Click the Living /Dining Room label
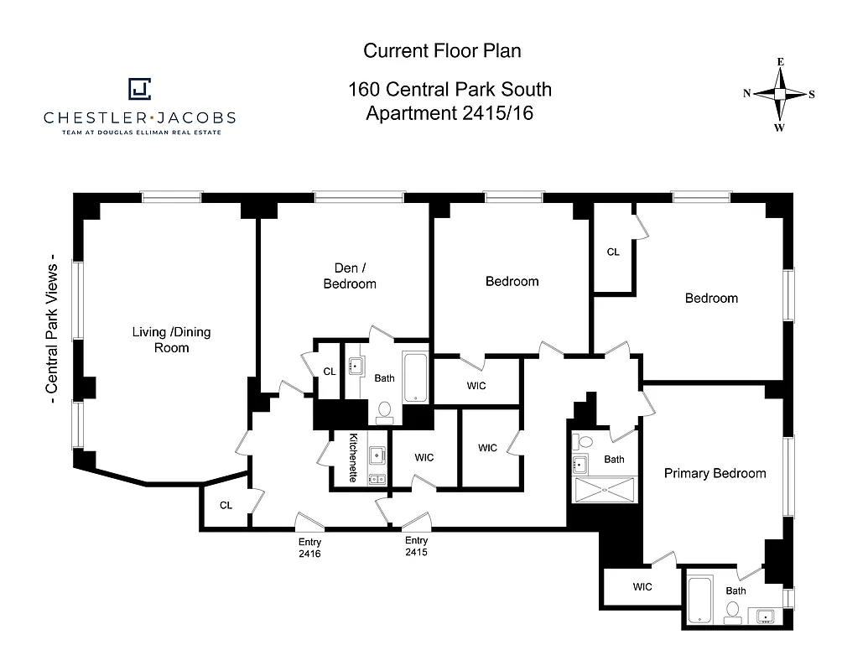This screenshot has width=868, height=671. (x=171, y=340)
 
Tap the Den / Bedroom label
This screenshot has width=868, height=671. (x=350, y=276)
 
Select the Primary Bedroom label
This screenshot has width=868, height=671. (x=715, y=473)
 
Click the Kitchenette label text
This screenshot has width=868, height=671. (x=354, y=458)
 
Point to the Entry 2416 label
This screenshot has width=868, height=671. (x=309, y=548)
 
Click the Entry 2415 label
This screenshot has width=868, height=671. (x=416, y=547)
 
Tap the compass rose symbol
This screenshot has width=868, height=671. (x=779, y=94)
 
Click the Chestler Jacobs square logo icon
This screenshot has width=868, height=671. (x=139, y=89)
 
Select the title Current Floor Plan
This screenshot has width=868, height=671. (x=442, y=50)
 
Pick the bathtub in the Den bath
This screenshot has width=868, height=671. (x=415, y=377)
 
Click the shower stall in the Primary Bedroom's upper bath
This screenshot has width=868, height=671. (x=605, y=490)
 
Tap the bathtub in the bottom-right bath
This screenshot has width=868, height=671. (x=699, y=600)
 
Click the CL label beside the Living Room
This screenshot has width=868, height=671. (x=226, y=505)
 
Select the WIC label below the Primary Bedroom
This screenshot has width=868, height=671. (x=642, y=587)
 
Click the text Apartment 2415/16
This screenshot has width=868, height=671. (x=450, y=113)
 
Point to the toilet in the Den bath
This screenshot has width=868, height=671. (x=385, y=410)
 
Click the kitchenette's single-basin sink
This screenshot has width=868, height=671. (x=377, y=455)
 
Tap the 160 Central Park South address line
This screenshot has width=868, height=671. (x=450, y=90)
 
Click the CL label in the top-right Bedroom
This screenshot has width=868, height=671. (x=613, y=252)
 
